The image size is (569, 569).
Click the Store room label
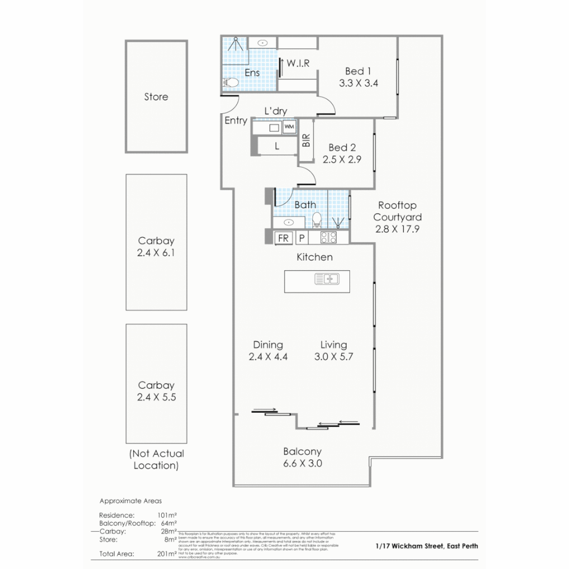click(156, 97)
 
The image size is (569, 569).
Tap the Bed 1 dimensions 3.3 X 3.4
click(359, 83)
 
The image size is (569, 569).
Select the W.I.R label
click(298, 64)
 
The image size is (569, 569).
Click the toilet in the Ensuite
click(230, 82)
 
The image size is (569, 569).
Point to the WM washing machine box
click(289, 127)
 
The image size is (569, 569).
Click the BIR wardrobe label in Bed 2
click(306, 140)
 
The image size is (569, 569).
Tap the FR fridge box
click(283, 238)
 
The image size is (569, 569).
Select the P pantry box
click(302, 238)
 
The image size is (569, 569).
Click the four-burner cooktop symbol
click(329, 238)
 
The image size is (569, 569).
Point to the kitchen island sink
click(327, 279)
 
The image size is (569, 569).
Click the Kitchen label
click(315, 257)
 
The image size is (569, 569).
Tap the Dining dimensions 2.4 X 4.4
click(268, 357)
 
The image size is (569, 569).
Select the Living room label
click(333, 345)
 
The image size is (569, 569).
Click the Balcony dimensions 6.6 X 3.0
click(302, 464)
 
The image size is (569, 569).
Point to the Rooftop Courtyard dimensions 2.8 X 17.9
click(397, 229)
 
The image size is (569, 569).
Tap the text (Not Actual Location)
click(156, 459)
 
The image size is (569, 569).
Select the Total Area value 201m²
click(166, 554)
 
